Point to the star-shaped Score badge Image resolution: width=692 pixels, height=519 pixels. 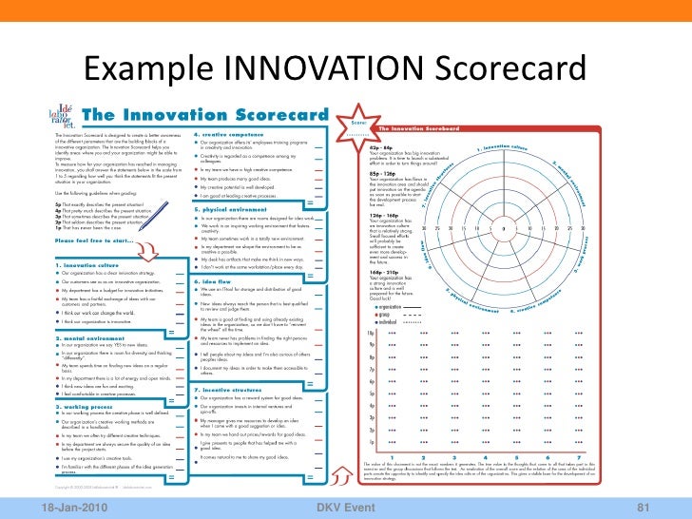[358, 124]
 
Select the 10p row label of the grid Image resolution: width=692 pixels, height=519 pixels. [371, 333]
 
